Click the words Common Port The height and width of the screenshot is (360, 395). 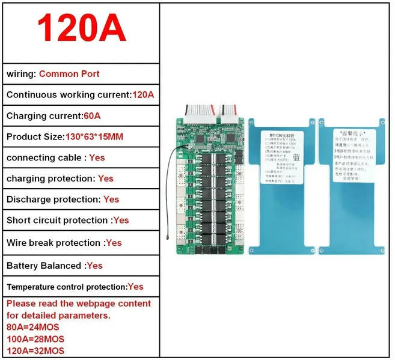click(69, 74)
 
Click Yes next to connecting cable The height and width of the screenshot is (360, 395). click(97, 157)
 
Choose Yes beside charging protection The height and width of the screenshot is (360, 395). click(105, 178)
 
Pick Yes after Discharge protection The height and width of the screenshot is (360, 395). click(111, 200)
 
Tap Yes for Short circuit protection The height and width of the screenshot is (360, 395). click(121, 221)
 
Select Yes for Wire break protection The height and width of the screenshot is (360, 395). click(114, 243)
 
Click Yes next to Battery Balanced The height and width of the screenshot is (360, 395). click(94, 266)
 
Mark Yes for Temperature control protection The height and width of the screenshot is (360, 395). click(135, 287)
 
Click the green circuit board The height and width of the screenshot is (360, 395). click(210, 186)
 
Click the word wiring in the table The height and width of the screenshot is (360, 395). click(20, 74)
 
